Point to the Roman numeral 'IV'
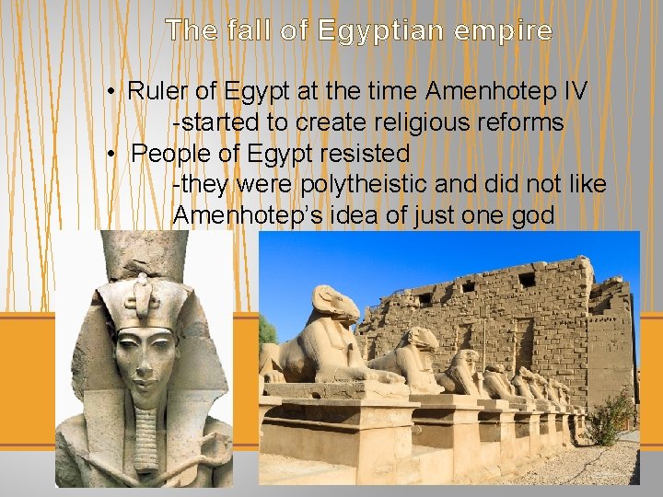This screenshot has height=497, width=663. coord(576,91)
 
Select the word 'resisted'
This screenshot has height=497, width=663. coord(365,153)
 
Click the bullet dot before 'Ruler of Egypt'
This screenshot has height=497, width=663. coord(109,92)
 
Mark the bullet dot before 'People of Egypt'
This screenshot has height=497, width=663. coord(109,154)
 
